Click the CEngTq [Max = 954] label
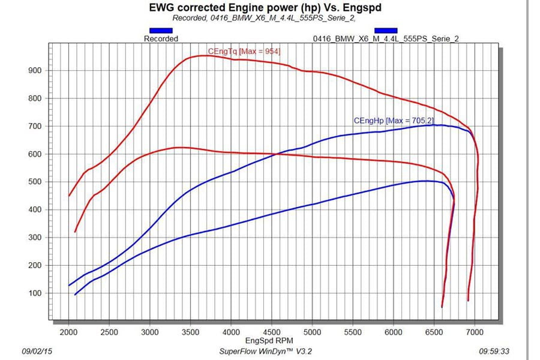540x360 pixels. click(244, 51)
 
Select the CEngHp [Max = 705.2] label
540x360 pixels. click(393, 121)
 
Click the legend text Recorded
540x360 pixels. click(161, 38)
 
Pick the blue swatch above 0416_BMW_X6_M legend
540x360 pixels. click(385, 30)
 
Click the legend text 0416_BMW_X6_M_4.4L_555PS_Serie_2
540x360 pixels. click(386, 38)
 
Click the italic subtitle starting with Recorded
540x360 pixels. click(263, 17)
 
